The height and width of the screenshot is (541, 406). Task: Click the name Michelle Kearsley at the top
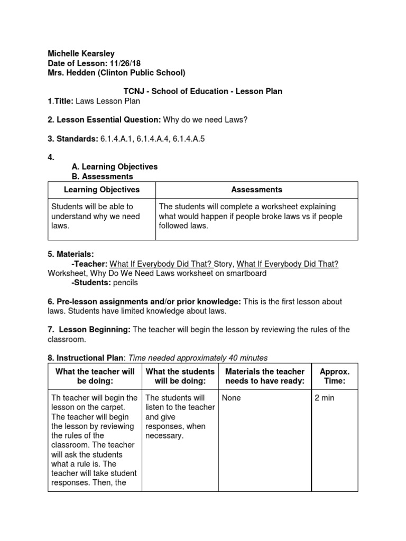[x=81, y=53]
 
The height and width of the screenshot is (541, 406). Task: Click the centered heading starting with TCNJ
[x=202, y=91]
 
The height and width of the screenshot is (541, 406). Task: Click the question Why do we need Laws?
[x=205, y=119]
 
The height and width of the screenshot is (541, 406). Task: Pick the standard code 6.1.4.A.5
[x=196, y=138]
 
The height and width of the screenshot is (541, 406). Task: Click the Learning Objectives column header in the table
[x=101, y=189]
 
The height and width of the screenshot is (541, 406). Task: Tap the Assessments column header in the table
[x=256, y=189]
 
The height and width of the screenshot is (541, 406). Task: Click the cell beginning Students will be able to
[x=96, y=216]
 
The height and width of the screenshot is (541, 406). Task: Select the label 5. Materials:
[x=71, y=255]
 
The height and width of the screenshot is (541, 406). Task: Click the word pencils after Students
[x=125, y=283]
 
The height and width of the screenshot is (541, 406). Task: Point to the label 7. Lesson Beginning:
[x=89, y=330]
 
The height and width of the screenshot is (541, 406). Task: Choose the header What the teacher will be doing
[x=95, y=376]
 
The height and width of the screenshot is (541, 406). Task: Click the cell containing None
[x=232, y=398]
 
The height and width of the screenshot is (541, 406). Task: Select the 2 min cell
[x=325, y=398]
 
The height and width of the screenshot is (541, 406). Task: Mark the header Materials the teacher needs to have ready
[x=265, y=376]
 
